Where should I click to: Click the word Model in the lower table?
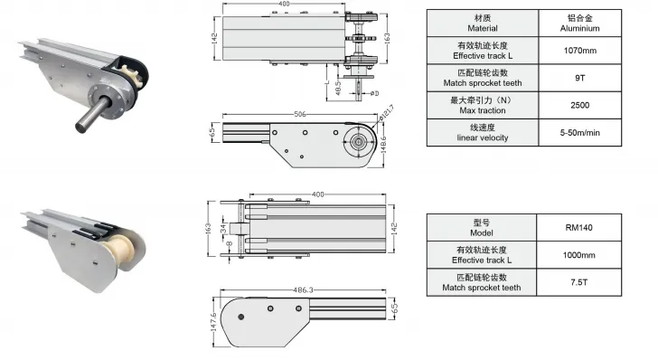tap(482, 232)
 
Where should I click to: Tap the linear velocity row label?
tap(482, 137)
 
